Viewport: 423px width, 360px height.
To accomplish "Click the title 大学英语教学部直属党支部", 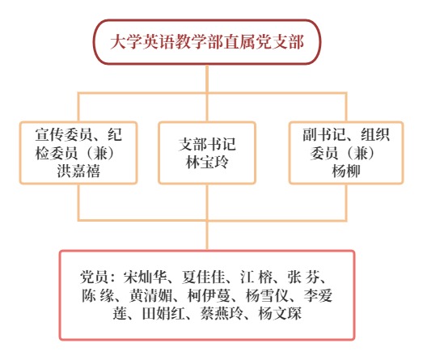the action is [x=207, y=42].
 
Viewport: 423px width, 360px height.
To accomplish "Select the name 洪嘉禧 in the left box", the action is [x=78, y=171].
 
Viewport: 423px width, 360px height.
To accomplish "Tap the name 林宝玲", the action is [x=207, y=162].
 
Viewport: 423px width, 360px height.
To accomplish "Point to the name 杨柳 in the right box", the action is [x=346, y=171].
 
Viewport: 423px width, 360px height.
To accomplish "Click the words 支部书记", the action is [x=207, y=144].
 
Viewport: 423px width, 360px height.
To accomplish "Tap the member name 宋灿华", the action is [x=145, y=277].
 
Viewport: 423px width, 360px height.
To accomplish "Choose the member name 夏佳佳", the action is [x=203, y=277].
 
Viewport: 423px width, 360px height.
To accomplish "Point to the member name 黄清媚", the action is [x=150, y=295].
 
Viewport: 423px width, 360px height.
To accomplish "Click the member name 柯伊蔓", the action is [x=209, y=295].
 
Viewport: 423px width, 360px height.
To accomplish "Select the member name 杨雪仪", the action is [x=268, y=295].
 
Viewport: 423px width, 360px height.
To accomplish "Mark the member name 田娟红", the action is [x=163, y=313].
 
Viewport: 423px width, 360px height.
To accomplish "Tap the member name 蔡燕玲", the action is [x=222, y=313].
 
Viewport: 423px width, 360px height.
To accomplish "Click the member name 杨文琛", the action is [x=280, y=313].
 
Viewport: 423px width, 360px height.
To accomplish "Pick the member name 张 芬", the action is [x=303, y=277].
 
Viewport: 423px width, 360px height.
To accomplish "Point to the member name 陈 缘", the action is [x=98, y=295].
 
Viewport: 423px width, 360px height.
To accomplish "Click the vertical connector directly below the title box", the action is [x=207, y=78].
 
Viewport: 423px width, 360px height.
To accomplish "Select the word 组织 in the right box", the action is [x=375, y=134].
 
